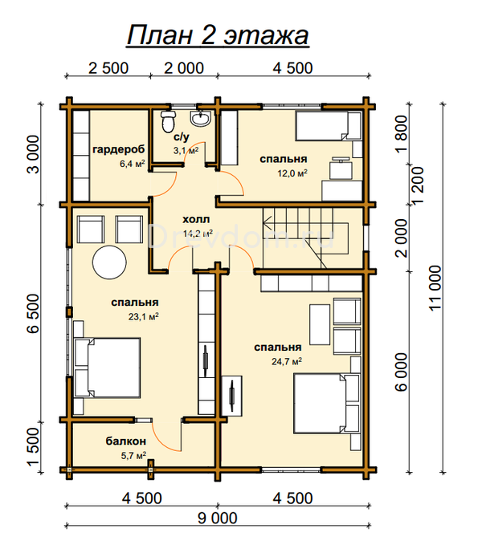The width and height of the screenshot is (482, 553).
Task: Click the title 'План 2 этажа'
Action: pos(218,35)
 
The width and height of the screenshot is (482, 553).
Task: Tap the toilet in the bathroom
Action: pos(168,121)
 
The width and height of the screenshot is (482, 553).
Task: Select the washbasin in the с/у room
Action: pos(201,118)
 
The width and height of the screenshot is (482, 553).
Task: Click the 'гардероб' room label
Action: pos(119,149)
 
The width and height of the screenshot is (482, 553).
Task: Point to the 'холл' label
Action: pos(196,219)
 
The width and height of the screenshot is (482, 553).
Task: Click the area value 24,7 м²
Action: pos(286,361)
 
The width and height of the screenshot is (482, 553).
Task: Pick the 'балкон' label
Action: pos(125,441)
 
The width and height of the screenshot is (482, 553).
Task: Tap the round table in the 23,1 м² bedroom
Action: pos(109,262)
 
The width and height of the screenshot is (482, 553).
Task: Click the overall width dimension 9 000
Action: pos(218,518)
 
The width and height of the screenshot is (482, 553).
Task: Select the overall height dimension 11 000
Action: pos(435,288)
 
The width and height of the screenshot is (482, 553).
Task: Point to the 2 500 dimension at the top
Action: pos(108,68)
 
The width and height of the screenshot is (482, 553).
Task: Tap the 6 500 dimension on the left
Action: pos(34,314)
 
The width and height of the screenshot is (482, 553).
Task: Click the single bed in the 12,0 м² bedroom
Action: pos(329,125)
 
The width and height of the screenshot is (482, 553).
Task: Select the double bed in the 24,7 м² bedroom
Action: pos(327,404)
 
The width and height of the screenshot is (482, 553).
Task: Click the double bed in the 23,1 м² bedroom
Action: pos(107,368)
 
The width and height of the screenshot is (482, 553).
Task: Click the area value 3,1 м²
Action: pos(186,151)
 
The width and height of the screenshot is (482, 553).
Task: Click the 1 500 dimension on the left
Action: pos(34,446)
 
